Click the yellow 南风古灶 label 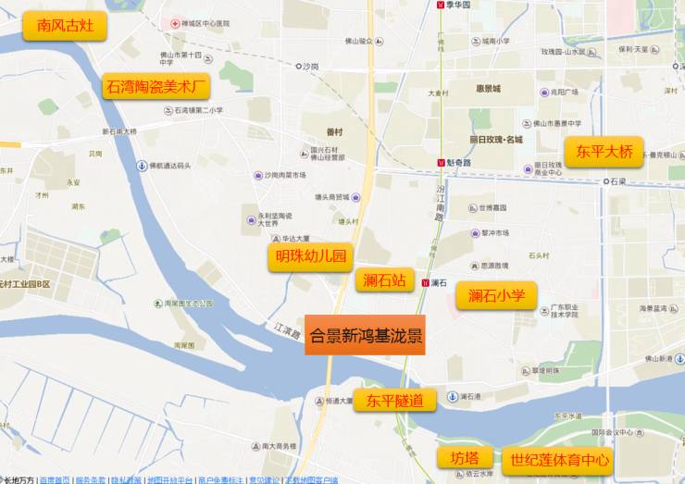pyautogui.click(x=65, y=26)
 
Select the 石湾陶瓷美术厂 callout pyautogui.click(x=157, y=88)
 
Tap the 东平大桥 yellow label pyautogui.click(x=604, y=151)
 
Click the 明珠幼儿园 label pyautogui.click(x=311, y=256)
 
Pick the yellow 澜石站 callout pyautogui.click(x=384, y=280)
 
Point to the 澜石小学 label pyautogui.click(x=496, y=295)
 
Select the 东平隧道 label pyautogui.click(x=394, y=401)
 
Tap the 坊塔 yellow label pyautogui.click(x=465, y=457)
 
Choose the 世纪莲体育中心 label pyautogui.click(x=560, y=458)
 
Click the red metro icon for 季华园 pyautogui.click(x=440, y=5)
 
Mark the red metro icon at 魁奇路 pyautogui.click(x=441, y=163)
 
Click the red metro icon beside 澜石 pyautogui.click(x=424, y=283)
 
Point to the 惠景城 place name pyautogui.click(x=487, y=89)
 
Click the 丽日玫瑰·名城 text pyautogui.click(x=496, y=140)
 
